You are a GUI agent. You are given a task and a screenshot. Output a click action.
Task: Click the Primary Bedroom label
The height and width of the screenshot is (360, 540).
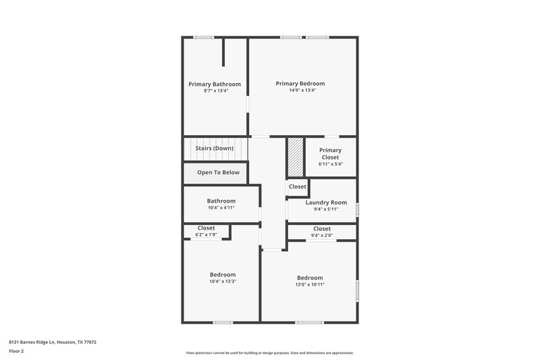click(x=300, y=84)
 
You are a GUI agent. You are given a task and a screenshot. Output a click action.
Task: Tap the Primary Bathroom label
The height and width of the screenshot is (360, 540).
click(x=215, y=84)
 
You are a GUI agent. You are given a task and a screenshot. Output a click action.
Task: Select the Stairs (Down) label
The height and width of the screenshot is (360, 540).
click(x=215, y=148)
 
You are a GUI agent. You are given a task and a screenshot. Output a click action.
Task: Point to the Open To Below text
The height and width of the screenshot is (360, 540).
click(x=218, y=172)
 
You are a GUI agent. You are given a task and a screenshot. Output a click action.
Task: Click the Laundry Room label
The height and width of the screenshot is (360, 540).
click(x=326, y=203)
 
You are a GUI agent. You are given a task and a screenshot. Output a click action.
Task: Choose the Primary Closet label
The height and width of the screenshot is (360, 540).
click(x=331, y=154)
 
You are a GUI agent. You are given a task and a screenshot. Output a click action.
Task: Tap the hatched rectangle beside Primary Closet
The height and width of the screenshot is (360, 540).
click(x=296, y=157)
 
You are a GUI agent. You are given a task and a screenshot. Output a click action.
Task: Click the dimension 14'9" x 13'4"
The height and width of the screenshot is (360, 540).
click(x=300, y=91)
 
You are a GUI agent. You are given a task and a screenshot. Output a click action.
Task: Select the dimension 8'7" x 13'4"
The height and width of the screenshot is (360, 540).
click(x=216, y=91)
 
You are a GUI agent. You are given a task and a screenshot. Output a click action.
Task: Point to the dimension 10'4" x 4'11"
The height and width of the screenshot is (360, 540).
click(x=221, y=208)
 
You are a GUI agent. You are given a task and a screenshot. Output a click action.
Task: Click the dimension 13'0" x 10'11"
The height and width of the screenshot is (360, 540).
click(x=310, y=284)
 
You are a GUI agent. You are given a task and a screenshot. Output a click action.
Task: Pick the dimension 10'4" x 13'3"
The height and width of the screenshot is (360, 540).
click(x=223, y=281)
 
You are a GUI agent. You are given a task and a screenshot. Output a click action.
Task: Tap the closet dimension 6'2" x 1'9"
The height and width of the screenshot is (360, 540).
click(x=207, y=234)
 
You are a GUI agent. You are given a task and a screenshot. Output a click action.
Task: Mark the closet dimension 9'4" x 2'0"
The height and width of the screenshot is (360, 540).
click(x=322, y=235)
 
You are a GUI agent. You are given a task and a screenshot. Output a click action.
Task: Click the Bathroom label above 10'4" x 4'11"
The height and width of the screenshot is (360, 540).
click(x=221, y=201)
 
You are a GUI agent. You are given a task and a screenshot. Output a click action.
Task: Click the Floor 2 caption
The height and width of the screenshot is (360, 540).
click(x=16, y=351)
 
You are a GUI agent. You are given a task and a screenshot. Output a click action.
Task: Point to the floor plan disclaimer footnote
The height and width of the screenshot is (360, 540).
click(x=269, y=353)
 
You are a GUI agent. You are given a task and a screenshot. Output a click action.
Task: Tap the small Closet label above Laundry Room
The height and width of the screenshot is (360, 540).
click(x=297, y=186)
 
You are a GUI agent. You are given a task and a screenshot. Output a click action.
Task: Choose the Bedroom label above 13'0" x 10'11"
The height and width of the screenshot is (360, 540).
click(x=310, y=278)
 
